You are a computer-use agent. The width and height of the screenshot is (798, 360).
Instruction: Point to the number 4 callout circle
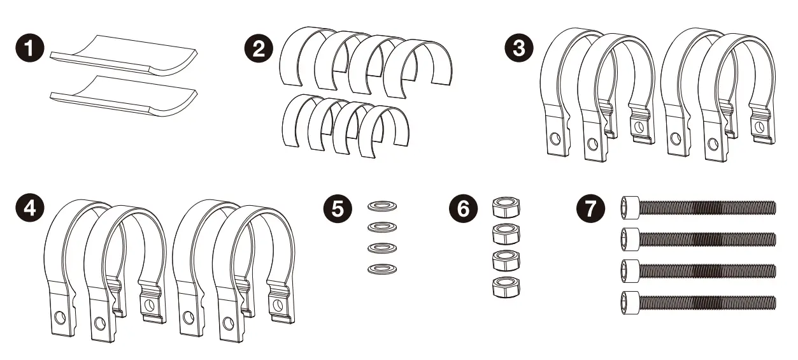click(x=29, y=208)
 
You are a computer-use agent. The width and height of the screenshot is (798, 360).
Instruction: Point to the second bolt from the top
click(x=697, y=238)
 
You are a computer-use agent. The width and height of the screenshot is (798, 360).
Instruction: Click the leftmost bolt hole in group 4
click(x=60, y=317)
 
